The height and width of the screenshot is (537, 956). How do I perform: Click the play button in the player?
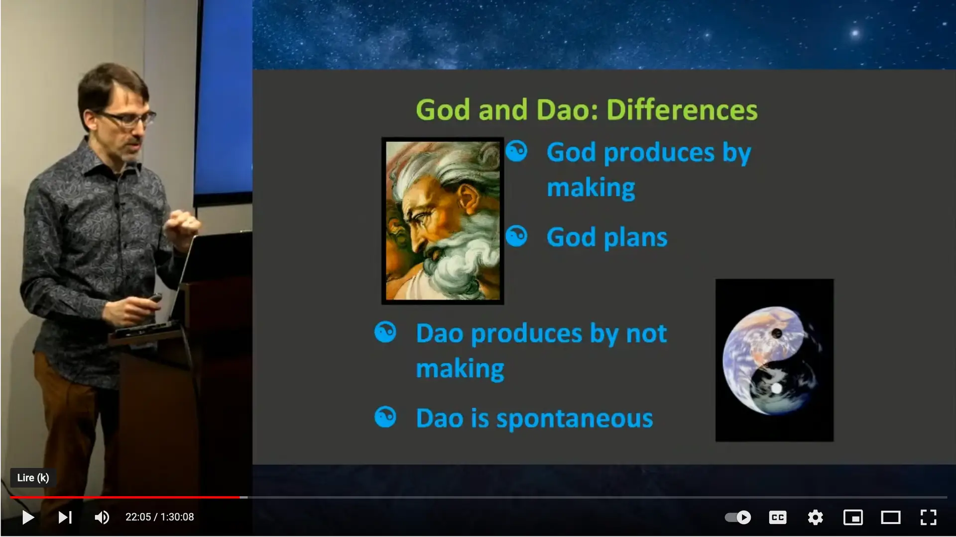point(28,517)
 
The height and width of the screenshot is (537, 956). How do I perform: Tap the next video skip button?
point(65,517)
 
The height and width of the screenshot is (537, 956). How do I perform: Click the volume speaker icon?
point(102,517)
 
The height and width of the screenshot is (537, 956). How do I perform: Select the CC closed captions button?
point(777,517)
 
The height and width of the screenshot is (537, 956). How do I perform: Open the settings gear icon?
point(815,517)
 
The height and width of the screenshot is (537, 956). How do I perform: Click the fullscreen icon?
point(928,517)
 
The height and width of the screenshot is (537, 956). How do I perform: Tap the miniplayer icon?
point(853,517)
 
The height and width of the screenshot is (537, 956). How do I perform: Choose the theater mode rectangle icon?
point(890,517)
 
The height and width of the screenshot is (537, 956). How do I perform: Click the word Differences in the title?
point(682,110)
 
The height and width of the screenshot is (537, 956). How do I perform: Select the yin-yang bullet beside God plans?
point(516,236)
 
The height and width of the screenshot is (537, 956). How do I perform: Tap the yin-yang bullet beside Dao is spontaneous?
point(385,417)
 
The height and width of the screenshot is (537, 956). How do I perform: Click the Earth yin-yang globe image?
point(774,360)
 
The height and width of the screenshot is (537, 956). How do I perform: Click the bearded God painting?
point(442,221)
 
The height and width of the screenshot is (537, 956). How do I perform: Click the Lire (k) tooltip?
point(33,478)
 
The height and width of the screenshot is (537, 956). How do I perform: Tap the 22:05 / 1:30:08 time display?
point(159,517)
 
